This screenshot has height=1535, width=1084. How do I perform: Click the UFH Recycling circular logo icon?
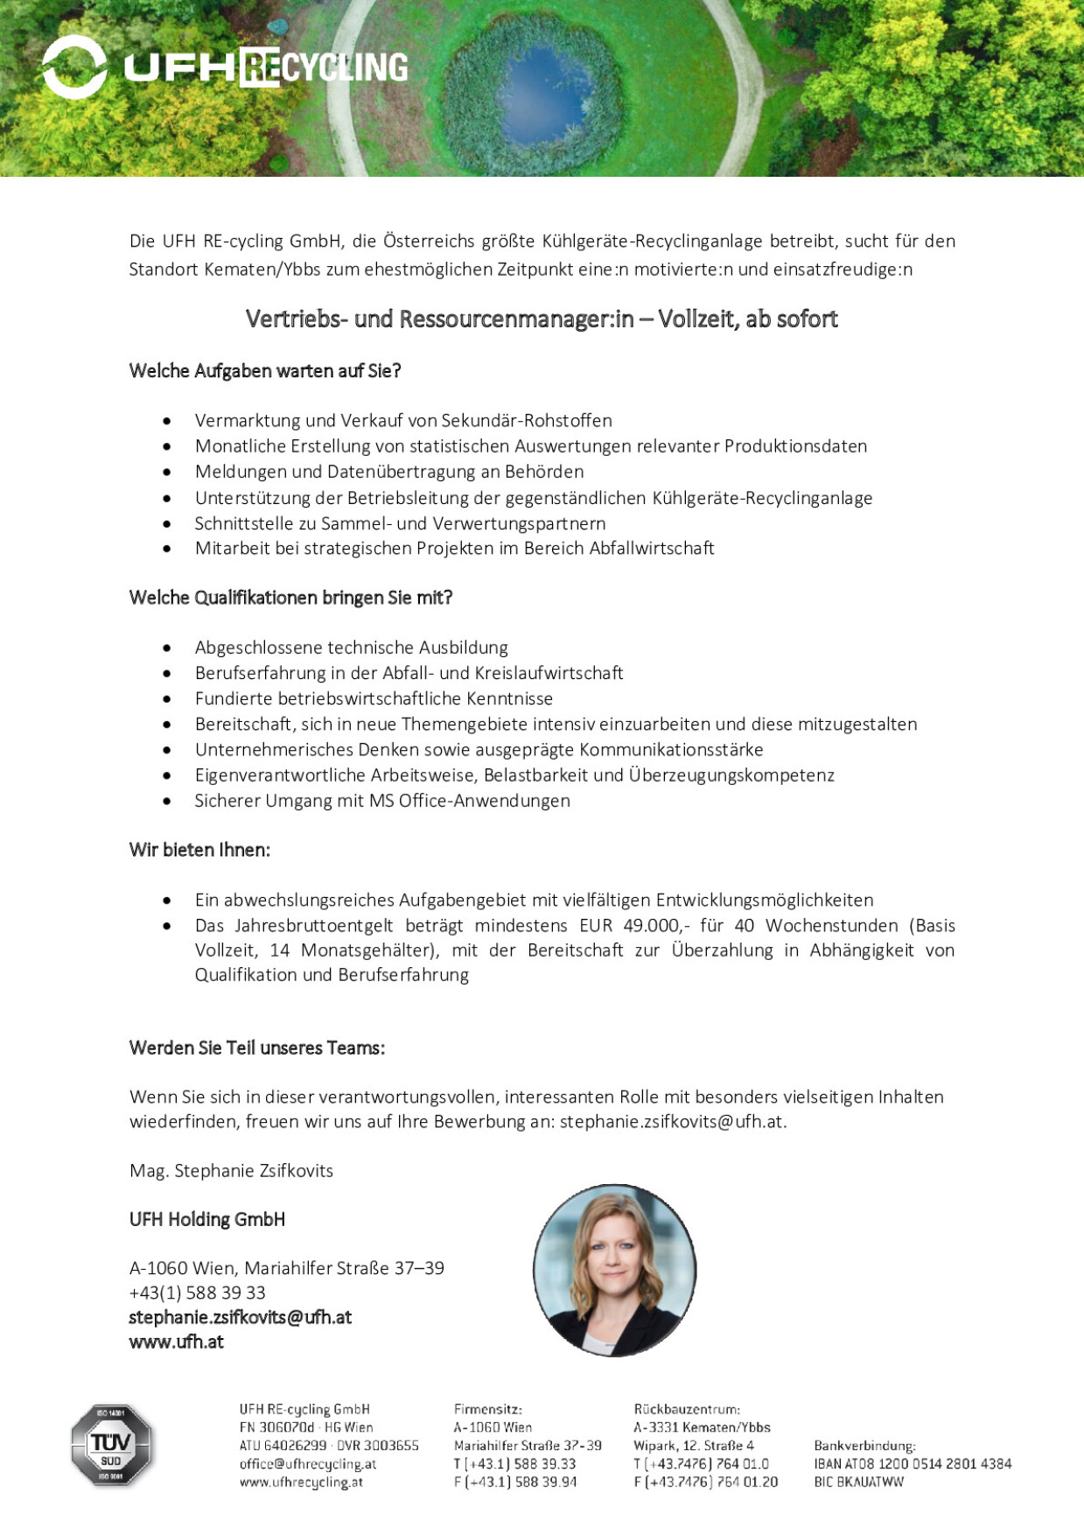pos(74,67)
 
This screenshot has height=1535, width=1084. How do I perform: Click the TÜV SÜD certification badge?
pos(111,1445)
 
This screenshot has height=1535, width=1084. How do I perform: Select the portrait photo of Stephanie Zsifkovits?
pos(614,1270)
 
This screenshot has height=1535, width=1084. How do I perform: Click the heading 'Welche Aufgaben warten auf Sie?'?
pos(264,371)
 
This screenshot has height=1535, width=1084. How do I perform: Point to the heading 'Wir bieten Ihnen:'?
pos(199,850)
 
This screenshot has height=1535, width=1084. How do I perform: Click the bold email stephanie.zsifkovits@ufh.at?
pos(240,1317)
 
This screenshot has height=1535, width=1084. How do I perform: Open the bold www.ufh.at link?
pos(176,1342)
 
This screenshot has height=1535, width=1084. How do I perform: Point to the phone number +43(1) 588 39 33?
pos(197,1293)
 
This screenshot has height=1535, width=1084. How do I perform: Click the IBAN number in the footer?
pos(912,1463)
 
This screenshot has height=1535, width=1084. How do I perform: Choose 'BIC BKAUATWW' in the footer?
pos(858,1482)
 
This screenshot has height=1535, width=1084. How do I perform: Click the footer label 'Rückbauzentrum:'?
pos(687,1409)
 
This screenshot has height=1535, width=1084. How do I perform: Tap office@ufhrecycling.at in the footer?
pos(308,1463)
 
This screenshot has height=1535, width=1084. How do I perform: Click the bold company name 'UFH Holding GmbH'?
pos(206,1219)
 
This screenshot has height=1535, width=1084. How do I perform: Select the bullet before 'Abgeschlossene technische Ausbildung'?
pos(167,648)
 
